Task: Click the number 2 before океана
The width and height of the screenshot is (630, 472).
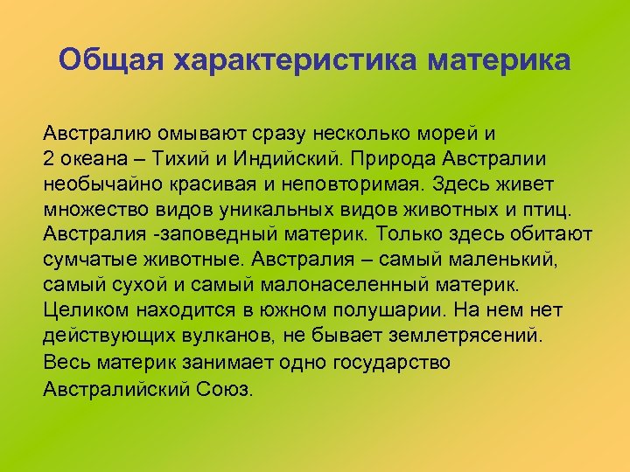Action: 48,161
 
